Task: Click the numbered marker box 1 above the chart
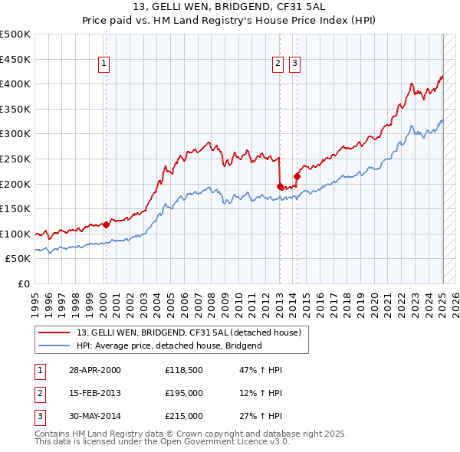[x=103, y=64]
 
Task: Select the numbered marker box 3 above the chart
[x=294, y=64]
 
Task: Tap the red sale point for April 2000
[x=106, y=224]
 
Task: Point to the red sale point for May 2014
[x=297, y=176]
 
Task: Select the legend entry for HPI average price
[x=169, y=346]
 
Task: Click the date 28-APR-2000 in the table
[x=94, y=370]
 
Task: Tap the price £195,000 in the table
[x=184, y=393]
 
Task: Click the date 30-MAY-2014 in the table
[x=95, y=416]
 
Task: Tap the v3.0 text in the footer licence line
[x=277, y=441]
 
